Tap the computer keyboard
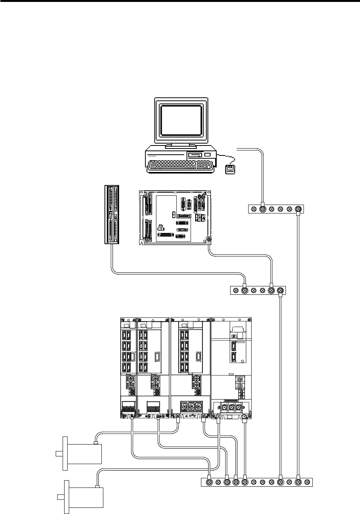(181, 165)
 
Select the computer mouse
(230, 169)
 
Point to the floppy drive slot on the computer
(194, 155)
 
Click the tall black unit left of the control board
(112, 214)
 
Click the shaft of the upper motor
(59, 454)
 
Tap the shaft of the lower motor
(60, 497)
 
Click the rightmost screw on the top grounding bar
(297, 209)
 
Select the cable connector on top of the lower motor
(98, 487)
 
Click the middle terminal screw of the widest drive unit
(231, 408)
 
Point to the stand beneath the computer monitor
(181, 146)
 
